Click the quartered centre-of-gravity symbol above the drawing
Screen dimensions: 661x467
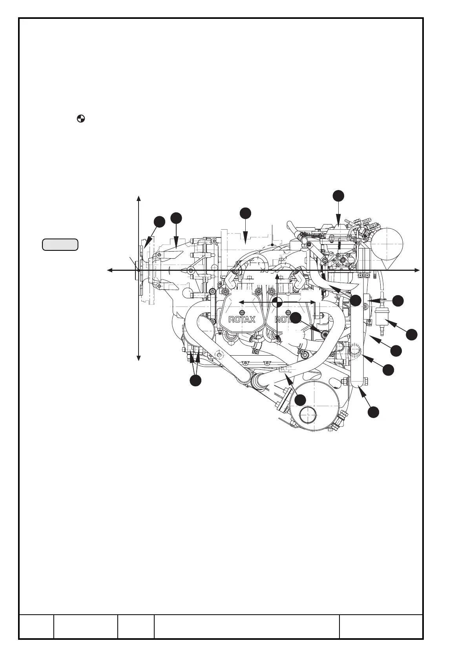[x=81, y=118]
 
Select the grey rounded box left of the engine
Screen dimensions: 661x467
[x=60, y=244]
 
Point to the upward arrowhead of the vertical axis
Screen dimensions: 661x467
[x=139, y=197]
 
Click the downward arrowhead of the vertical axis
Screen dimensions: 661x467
[x=139, y=358]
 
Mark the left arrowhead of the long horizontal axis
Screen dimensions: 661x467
[x=110, y=270]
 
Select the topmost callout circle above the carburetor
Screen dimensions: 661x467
[x=338, y=195]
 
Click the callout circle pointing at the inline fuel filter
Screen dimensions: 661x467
[x=411, y=334]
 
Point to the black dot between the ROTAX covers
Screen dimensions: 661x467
[x=277, y=302]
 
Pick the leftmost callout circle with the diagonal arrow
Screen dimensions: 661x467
[x=159, y=221]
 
